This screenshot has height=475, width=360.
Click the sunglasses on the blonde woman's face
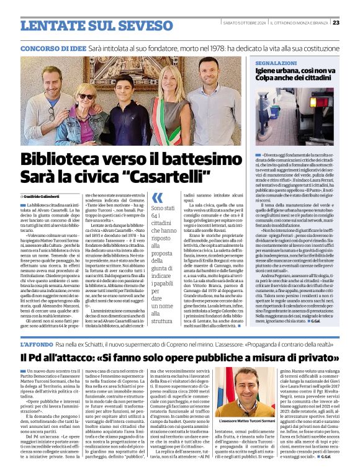[x=86, y=97]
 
